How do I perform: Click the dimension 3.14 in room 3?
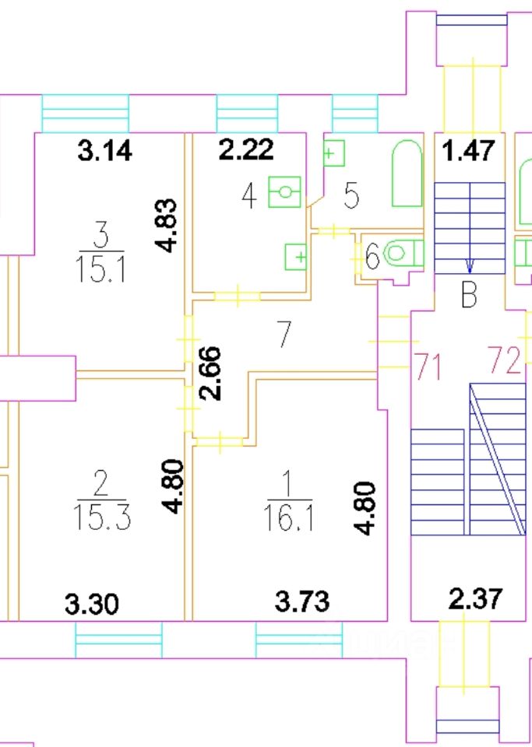tap(105, 150)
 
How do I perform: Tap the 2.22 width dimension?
tap(245, 150)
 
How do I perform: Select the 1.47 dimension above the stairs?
tap(469, 150)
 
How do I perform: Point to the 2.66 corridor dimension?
tap(211, 373)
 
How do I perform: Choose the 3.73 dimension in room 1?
tap(302, 601)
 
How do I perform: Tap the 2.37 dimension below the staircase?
tap(476, 599)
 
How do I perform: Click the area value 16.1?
tap(290, 517)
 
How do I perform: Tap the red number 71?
tap(428, 364)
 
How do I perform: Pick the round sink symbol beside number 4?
tap(285, 191)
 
